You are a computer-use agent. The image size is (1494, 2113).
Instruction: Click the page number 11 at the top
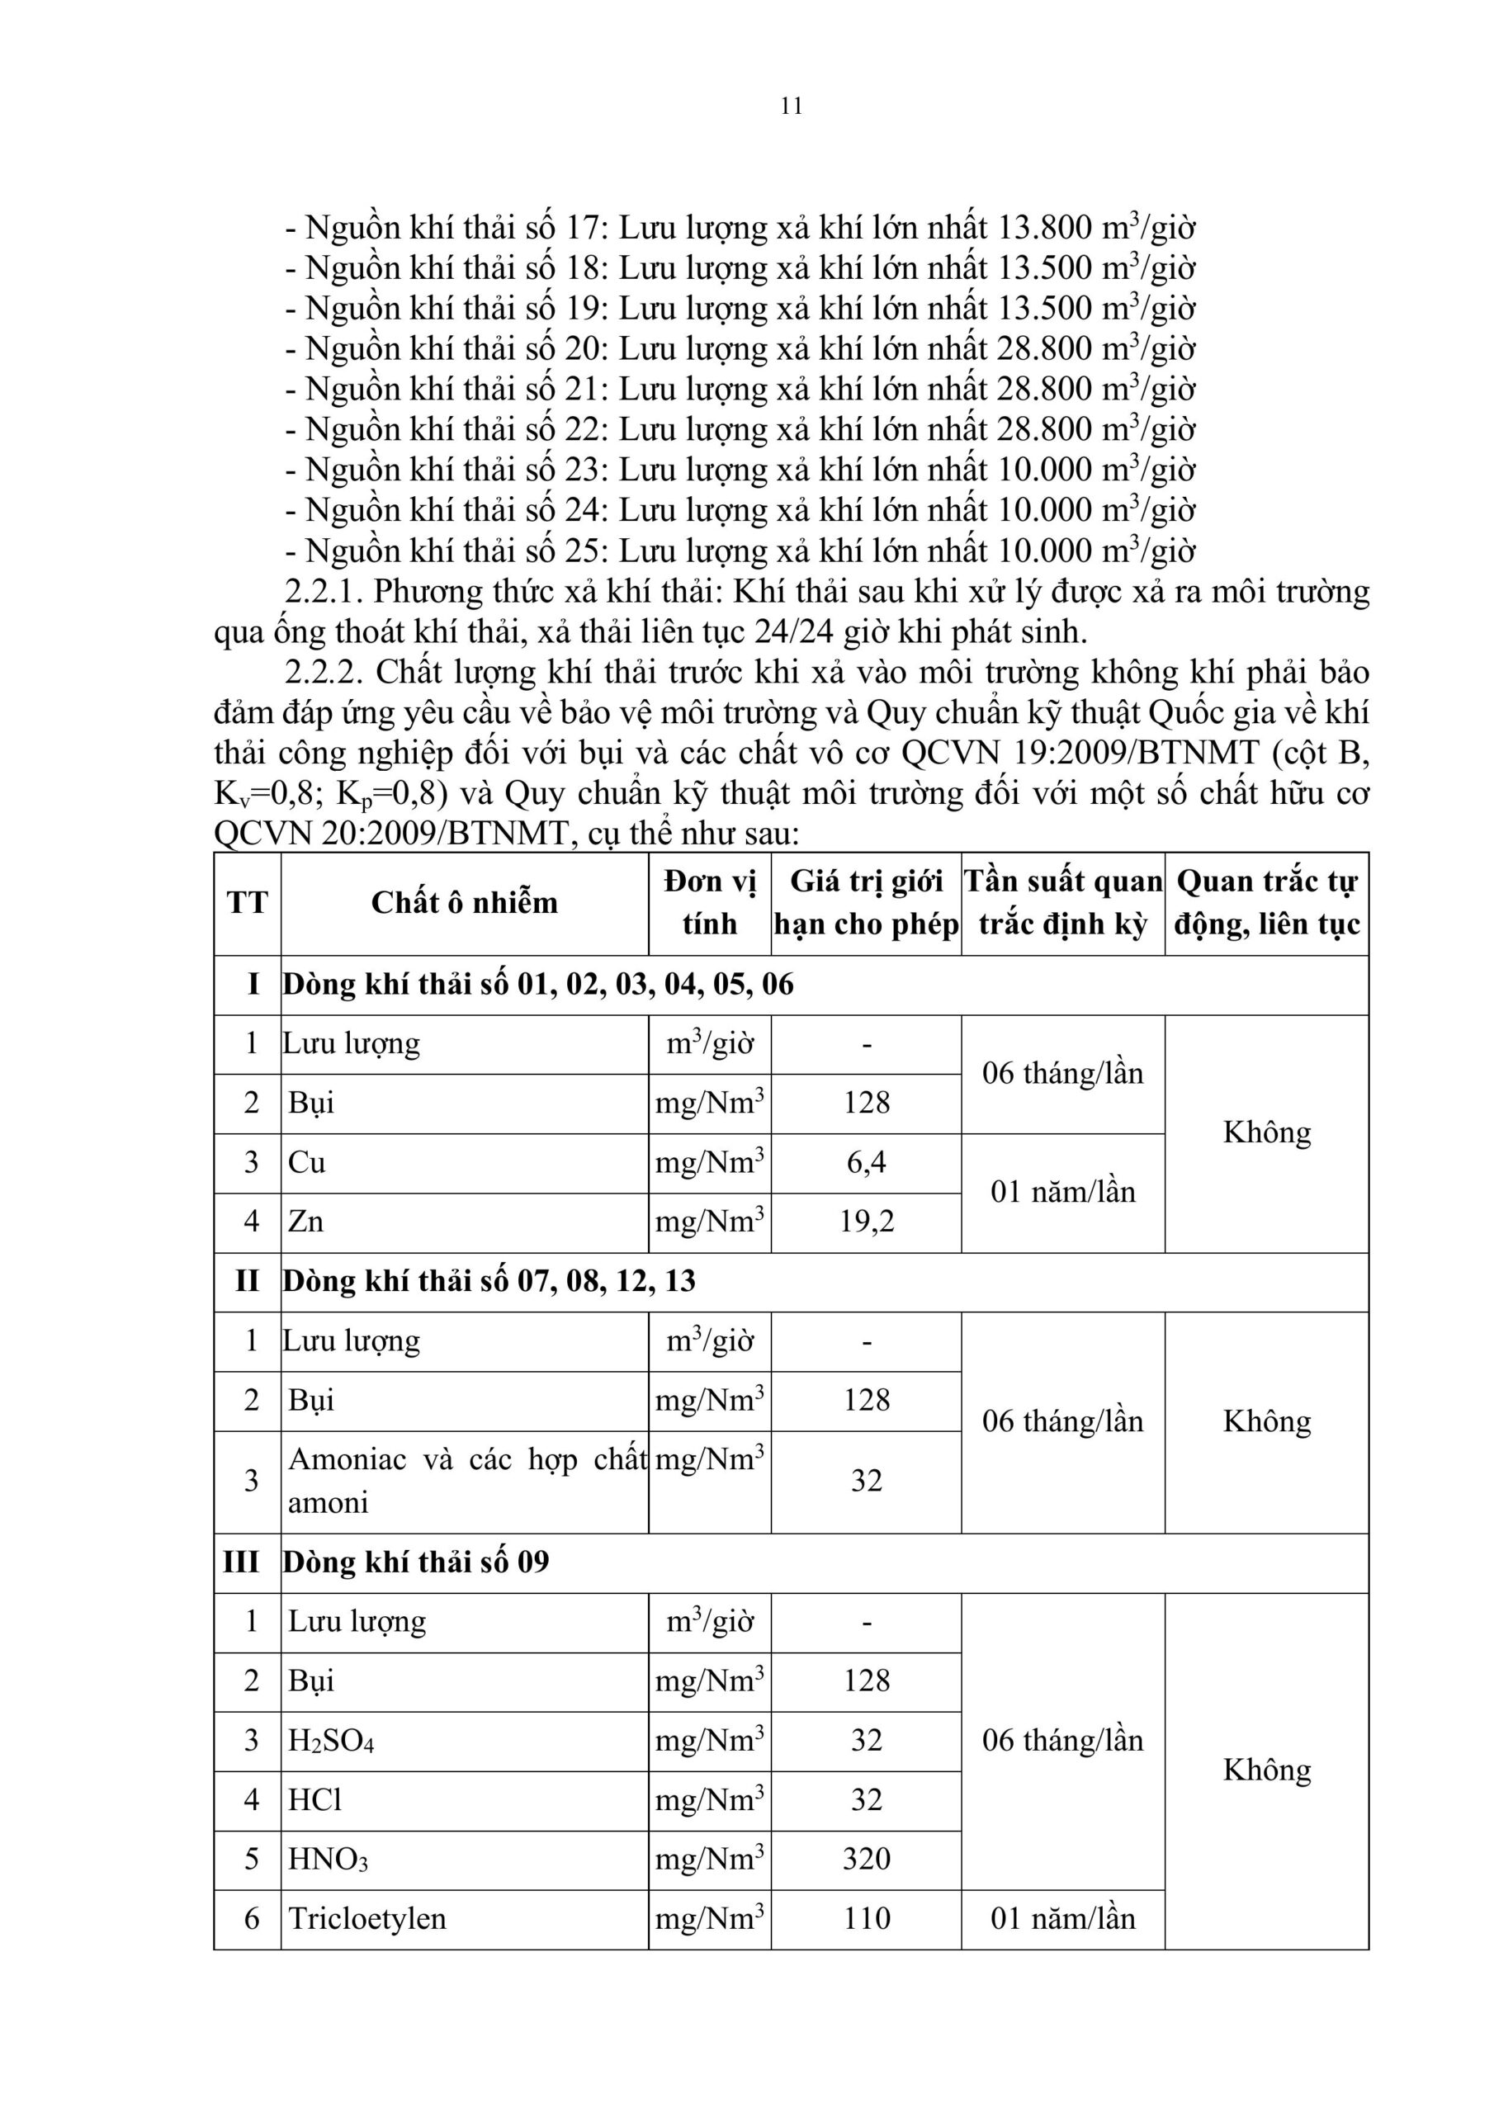[791, 106]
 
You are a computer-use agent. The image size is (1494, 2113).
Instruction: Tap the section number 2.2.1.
[324, 592]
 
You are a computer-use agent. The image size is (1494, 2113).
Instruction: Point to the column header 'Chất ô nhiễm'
[464, 903]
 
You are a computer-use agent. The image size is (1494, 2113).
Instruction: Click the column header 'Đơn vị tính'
[709, 903]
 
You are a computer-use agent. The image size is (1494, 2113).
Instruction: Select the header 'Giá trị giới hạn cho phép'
[866, 903]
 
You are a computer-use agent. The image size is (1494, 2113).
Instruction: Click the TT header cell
[247, 903]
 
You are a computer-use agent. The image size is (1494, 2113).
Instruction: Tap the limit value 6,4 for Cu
[866, 1162]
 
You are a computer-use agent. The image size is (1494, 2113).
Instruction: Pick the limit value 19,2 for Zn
[866, 1222]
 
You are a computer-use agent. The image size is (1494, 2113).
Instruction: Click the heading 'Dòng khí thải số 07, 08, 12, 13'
[489, 1281]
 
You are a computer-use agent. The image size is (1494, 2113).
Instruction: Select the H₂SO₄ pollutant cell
[331, 1740]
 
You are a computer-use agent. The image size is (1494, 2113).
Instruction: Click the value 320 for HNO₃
[866, 1859]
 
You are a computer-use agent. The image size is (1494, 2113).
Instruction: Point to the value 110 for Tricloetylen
[866, 1919]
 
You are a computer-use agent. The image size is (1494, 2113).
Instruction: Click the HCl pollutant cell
[314, 1800]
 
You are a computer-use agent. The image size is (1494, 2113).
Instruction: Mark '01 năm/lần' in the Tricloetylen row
[1062, 1919]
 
